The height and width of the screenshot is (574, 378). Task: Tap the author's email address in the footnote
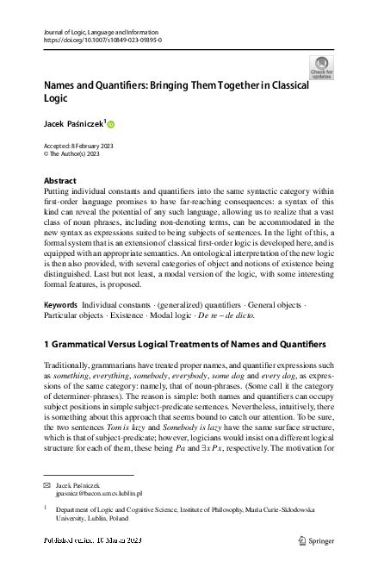click(95, 496)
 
